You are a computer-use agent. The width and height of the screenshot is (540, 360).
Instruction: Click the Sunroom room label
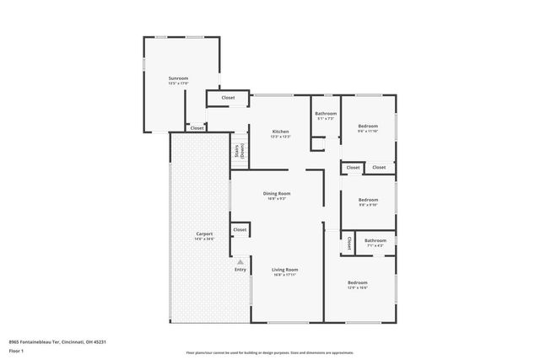pos(178,78)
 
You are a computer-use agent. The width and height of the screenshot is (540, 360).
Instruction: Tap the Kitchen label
pos(280,132)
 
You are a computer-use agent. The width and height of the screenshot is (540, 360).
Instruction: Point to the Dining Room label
pos(277,194)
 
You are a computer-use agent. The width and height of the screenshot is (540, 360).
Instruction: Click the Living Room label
pos(285,270)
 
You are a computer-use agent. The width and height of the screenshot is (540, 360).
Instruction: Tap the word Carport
pos(204,234)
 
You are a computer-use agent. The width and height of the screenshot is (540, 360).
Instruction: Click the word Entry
pos(240,270)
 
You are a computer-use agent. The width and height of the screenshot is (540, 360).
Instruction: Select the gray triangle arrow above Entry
pos(240,261)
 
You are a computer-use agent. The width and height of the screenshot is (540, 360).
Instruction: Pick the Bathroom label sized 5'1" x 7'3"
pos(327,114)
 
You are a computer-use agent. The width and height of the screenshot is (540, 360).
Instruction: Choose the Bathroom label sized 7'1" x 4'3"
pos(375,240)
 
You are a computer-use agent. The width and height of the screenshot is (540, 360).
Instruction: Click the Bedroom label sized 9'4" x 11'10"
pos(367,126)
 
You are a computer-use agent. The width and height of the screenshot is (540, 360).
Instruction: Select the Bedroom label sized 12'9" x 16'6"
pos(358,282)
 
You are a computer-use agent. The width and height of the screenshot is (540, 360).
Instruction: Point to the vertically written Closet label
pos(348,243)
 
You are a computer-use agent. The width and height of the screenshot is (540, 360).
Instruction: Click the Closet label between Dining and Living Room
pos(240,229)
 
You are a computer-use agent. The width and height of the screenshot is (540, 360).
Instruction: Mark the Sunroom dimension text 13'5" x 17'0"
pos(178,83)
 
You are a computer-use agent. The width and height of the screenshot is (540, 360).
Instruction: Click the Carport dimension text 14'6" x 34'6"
pos(204,239)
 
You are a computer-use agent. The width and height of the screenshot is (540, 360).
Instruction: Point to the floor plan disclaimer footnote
pos(269,353)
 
